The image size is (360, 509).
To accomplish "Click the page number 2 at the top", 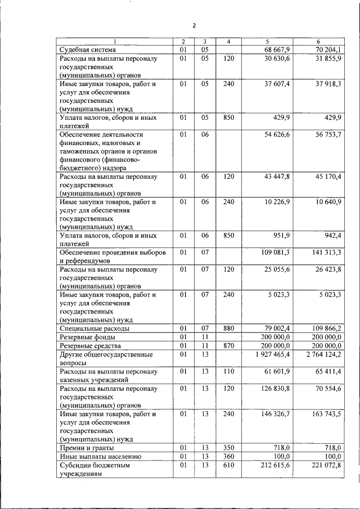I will [x=193, y=25].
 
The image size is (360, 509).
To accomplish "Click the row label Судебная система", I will [x=87, y=50].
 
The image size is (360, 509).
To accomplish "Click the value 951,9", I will [x=281, y=236].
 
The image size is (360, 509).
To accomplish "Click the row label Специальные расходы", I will [x=95, y=328].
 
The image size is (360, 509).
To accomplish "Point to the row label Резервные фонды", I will [x=89, y=337].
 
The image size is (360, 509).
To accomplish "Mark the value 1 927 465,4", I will [x=272, y=354].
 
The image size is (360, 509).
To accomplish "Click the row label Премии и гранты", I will [x=87, y=448].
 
